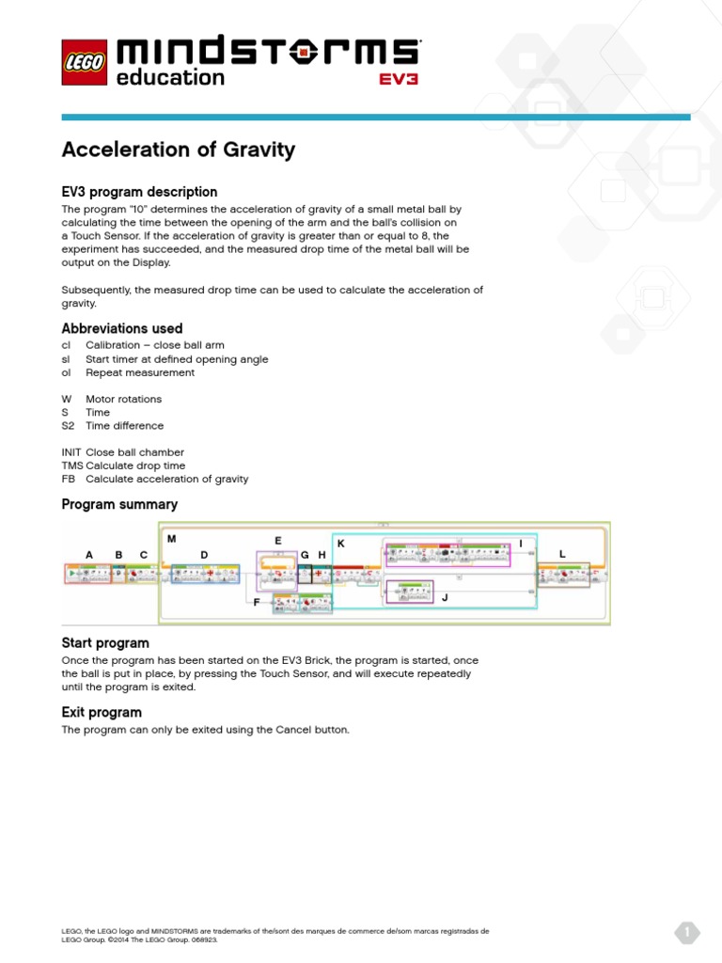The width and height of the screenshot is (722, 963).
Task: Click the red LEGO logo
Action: pyautogui.click(x=85, y=62)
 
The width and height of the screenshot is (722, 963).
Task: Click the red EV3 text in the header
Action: pyautogui.click(x=399, y=79)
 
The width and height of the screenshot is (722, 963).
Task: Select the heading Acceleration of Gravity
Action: pyautogui.click(x=178, y=150)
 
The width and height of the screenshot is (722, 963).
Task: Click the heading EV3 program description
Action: pyautogui.click(x=139, y=192)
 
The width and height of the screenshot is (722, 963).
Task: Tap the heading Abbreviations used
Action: pyautogui.click(x=122, y=328)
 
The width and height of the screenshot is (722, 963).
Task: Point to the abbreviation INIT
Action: pyautogui.click(x=71, y=452)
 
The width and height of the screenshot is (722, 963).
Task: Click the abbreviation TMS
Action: pyautogui.click(x=72, y=466)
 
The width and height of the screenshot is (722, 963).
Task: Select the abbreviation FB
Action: pyautogui.click(x=68, y=479)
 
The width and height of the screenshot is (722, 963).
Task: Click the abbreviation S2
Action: pyautogui.click(x=68, y=426)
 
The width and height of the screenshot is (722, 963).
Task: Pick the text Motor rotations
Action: pyautogui.click(x=123, y=399)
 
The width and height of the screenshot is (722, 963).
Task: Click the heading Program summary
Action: pyautogui.click(x=119, y=504)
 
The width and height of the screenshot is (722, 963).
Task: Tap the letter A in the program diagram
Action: pyautogui.click(x=89, y=555)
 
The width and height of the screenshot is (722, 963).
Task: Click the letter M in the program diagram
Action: pyautogui.click(x=171, y=539)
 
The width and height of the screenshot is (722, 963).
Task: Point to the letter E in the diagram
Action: pyautogui.click(x=278, y=541)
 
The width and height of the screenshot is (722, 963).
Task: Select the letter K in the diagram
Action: pyautogui.click(x=340, y=544)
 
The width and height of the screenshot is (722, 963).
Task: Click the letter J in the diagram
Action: pyautogui.click(x=446, y=597)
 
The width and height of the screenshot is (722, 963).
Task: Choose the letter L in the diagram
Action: pyautogui.click(x=562, y=555)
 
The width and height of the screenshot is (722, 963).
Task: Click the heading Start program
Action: pyautogui.click(x=105, y=643)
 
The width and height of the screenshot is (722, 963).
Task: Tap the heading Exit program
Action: pyautogui.click(x=102, y=712)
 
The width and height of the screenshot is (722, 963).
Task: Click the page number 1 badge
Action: pyautogui.click(x=687, y=933)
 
